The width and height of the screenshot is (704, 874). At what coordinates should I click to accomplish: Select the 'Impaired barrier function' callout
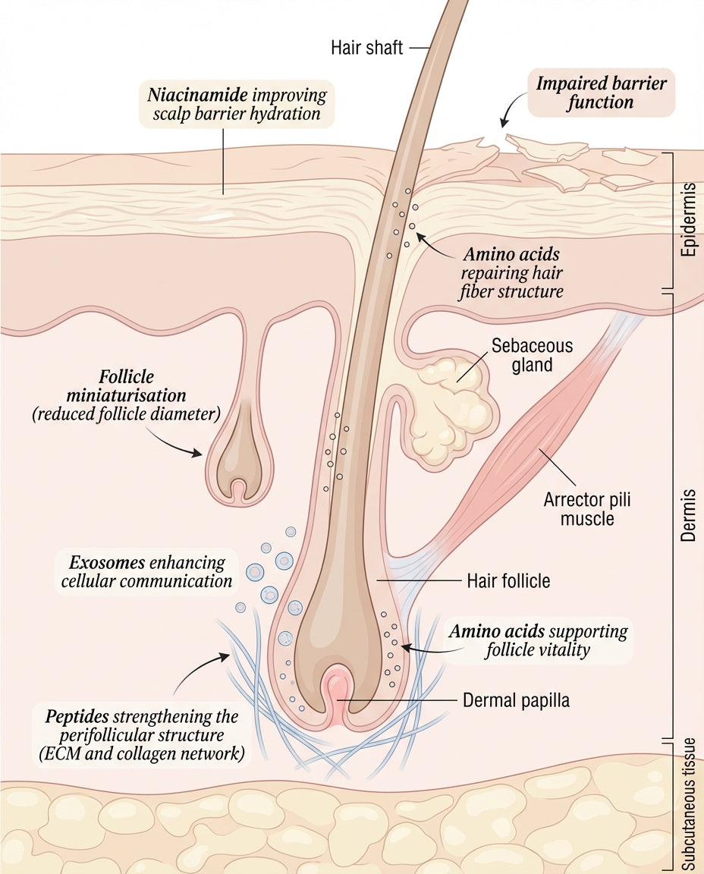pos(600,92)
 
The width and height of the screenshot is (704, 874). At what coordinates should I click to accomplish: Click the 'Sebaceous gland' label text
pos(532,355)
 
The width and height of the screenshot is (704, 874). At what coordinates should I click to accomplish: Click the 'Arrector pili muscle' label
pos(586,509)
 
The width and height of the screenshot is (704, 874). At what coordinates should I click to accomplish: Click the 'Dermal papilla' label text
pos(516,700)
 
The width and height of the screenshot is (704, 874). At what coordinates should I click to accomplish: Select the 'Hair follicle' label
pos(508,581)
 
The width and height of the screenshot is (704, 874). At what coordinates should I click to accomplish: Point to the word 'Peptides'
pos(77,716)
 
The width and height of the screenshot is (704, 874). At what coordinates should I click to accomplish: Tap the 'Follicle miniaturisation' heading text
pos(126,386)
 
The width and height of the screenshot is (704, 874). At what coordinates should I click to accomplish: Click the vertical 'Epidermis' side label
pos(688,219)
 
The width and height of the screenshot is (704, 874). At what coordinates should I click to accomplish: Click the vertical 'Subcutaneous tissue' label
pos(688,804)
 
